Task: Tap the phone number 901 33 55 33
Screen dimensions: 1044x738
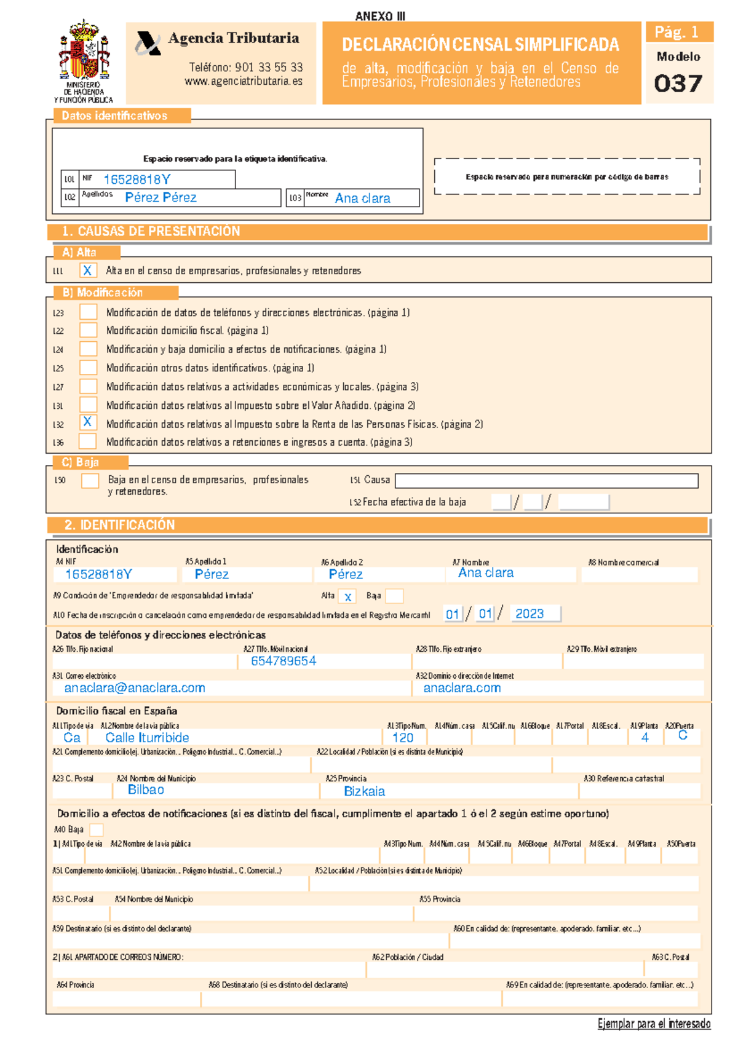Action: point(245,67)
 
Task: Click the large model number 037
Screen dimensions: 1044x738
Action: point(678,84)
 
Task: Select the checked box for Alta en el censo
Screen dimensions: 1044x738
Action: point(88,271)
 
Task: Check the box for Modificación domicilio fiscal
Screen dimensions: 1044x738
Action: point(88,330)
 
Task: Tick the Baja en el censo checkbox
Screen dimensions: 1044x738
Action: point(90,480)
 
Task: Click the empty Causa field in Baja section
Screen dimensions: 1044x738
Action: point(546,480)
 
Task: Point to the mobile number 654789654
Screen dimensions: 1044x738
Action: point(284,661)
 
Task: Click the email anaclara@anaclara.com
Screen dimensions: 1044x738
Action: point(135,688)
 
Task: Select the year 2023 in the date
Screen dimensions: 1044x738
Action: point(530,614)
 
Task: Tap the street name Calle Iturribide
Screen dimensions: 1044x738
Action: point(147,737)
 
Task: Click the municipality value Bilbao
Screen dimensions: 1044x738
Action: point(146,790)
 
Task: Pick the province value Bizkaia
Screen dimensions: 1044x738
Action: point(364,791)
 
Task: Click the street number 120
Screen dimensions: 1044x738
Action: point(403,738)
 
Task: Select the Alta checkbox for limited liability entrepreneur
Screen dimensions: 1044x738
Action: point(348,596)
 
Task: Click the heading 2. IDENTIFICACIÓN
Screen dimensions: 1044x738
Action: point(119,525)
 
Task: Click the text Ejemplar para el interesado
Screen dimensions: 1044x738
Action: point(654,1024)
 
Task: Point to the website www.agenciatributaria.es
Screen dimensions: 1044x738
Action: point(244,81)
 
